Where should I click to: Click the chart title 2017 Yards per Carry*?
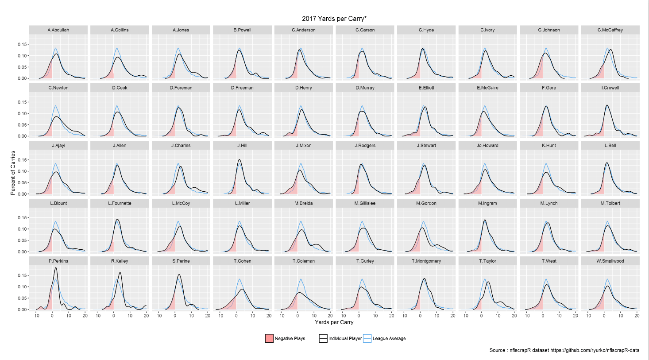tap(334, 19)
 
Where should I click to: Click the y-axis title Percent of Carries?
tap(13, 173)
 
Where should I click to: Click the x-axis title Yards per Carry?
tap(334, 322)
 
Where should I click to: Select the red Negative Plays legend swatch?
tap(269, 338)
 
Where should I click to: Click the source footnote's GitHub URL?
tap(595, 350)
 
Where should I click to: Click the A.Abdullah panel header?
tap(58, 30)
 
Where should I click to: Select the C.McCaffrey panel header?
tap(610, 30)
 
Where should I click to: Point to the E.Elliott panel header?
tap(426, 88)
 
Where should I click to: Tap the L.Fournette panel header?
tap(120, 203)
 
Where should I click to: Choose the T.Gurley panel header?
tap(365, 261)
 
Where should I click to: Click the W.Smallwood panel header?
tap(610, 261)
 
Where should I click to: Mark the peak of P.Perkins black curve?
tap(56, 267)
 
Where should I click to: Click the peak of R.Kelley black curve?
tap(120, 273)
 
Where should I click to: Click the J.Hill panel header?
tap(242, 145)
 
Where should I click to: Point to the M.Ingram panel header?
tap(487, 203)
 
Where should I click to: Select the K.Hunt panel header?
tap(549, 145)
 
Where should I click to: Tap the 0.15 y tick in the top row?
tap(22, 44)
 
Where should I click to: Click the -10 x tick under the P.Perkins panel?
tap(36, 316)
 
